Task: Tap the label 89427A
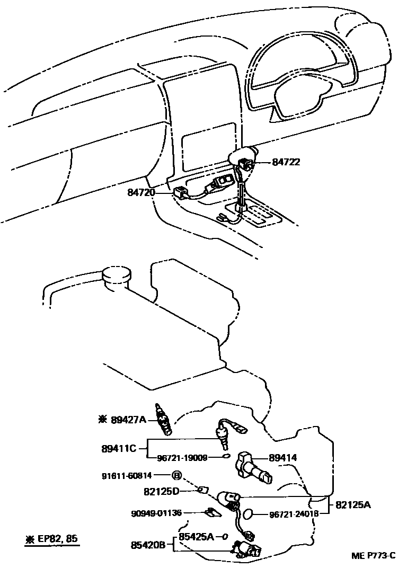[129, 420]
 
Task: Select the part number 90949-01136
[156, 513]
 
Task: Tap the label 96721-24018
[294, 514]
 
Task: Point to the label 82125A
[352, 505]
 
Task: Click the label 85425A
[196, 536]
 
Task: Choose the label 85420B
[149, 544]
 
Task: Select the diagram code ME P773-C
[373, 556]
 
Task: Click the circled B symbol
[176, 475]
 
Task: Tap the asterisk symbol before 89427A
[102, 420]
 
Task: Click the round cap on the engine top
[116, 276]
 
